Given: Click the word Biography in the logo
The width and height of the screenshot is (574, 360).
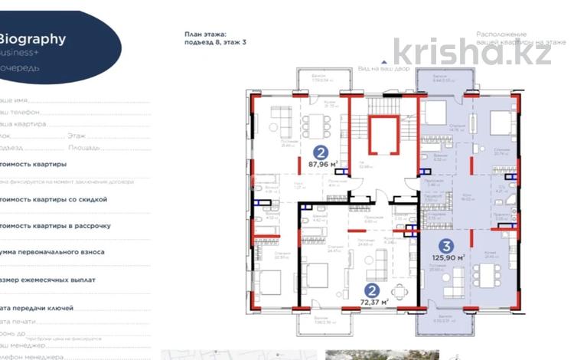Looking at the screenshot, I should tap(32, 39).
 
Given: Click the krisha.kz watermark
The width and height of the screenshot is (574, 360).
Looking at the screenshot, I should tap(471, 51).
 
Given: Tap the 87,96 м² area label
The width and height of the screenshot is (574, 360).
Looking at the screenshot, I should tap(323, 162).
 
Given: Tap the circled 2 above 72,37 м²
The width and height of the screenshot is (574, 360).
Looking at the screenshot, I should tap(372, 290).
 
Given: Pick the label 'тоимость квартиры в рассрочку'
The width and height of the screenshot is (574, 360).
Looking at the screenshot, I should tap(55, 226).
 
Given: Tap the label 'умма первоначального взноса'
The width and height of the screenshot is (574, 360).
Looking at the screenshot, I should tap(51, 252).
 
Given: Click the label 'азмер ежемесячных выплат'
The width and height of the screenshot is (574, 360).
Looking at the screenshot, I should tap(48, 280).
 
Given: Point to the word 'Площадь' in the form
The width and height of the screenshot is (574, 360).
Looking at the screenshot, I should tap(84, 147).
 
